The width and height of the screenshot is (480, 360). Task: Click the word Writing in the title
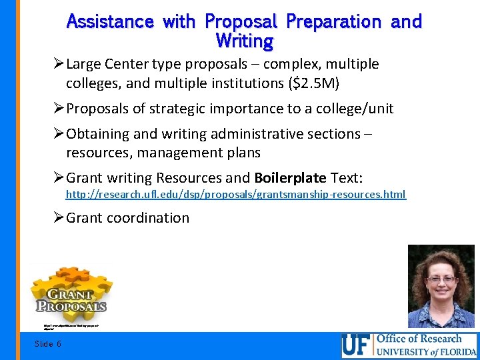(x=245, y=41)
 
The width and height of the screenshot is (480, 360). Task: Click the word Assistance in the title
(x=111, y=21)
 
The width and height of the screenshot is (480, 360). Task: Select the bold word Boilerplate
(x=290, y=178)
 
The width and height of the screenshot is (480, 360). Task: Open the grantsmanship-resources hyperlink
(x=235, y=195)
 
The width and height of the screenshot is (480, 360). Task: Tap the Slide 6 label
(x=48, y=343)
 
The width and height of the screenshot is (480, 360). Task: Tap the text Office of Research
(x=419, y=338)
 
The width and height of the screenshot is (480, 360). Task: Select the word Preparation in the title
(x=335, y=21)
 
